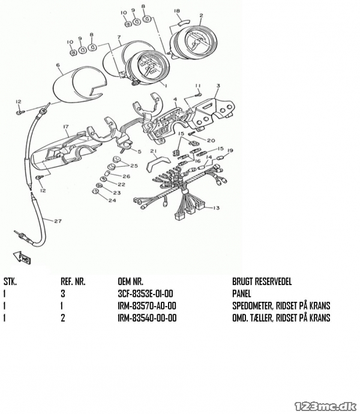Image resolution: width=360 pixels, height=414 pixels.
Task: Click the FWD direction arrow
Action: [22, 257]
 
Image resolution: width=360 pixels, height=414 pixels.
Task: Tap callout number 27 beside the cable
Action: [58, 221]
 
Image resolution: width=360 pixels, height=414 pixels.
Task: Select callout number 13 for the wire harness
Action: [216, 208]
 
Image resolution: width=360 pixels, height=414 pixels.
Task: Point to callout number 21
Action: [154, 151]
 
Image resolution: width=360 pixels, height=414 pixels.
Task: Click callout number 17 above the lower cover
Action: [66, 127]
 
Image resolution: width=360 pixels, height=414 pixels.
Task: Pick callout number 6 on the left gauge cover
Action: [58, 65]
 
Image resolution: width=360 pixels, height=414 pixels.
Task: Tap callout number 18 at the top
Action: [177, 11]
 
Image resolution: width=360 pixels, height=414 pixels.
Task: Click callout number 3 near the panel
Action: [218, 86]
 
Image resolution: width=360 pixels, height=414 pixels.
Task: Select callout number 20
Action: [211, 140]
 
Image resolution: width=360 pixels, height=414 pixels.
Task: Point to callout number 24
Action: [112, 200]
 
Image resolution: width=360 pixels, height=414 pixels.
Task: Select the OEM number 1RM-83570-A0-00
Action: [147, 306]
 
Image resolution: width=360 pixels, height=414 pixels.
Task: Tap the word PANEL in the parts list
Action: [242, 293]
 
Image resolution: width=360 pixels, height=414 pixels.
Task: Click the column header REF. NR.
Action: [73, 282]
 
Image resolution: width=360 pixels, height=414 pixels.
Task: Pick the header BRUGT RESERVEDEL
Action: [262, 282]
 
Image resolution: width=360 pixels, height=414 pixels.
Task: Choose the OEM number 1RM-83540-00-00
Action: [147, 317]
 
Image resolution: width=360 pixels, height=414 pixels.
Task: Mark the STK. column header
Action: [10, 282]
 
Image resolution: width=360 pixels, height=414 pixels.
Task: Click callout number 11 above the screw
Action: [198, 86]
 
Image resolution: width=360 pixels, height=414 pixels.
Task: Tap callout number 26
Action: [127, 176]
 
